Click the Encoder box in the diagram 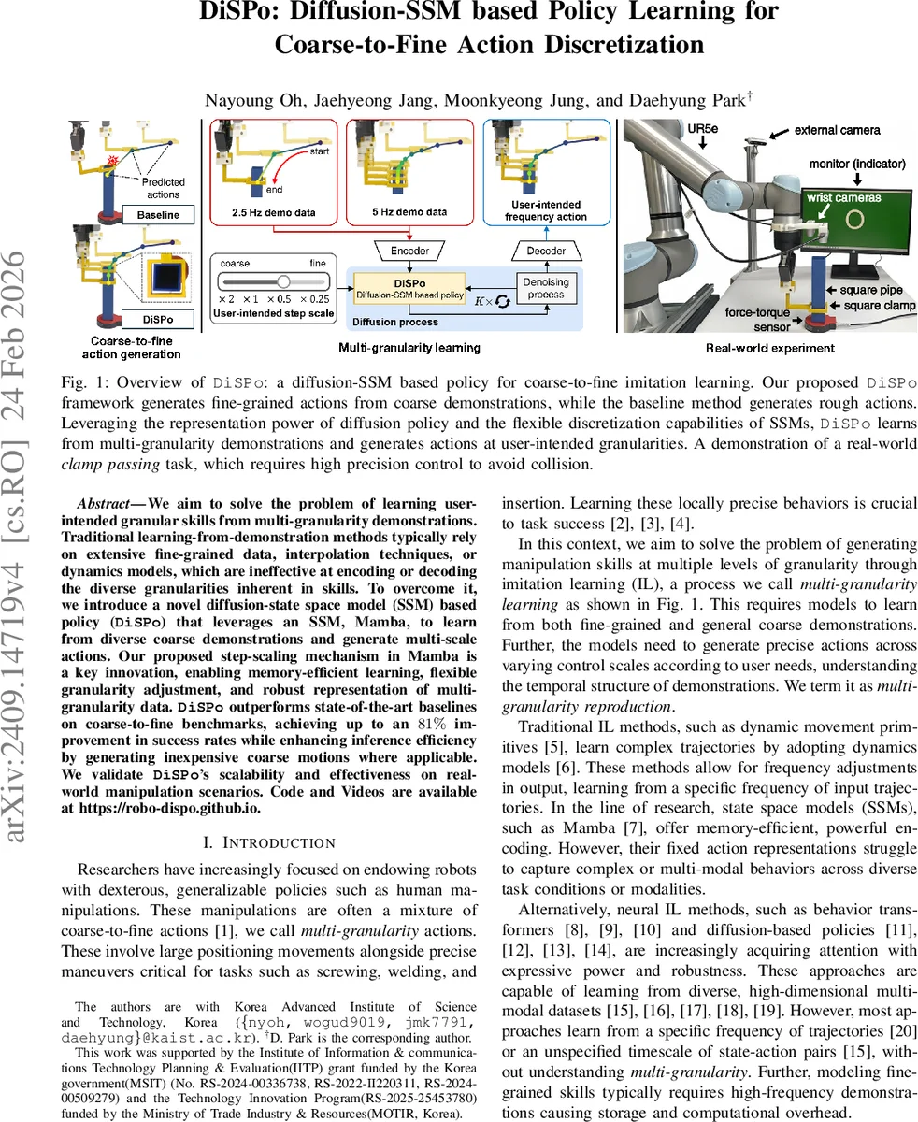point(410,251)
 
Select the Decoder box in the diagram point(546,251)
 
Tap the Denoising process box point(546,288)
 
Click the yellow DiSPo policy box point(410,287)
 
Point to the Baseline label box point(158,215)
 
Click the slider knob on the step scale point(282,281)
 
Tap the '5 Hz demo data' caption point(409,212)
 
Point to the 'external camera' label point(837,131)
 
